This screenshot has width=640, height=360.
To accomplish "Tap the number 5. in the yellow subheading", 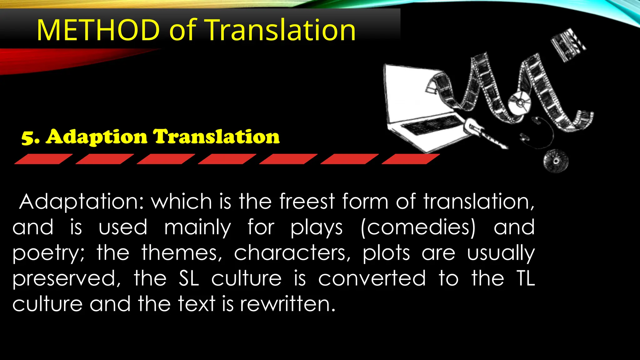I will point(30,137).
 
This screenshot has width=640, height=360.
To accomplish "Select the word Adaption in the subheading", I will point(97,137).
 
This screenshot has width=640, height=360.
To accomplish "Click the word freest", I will point(307,201).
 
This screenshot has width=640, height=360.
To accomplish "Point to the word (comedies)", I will point(418,227).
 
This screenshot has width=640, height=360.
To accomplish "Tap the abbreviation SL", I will point(189,278).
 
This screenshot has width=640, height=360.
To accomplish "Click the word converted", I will point(372,278).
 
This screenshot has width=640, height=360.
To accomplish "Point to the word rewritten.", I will point(287,304).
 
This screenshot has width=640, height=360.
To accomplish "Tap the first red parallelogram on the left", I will point(43,159).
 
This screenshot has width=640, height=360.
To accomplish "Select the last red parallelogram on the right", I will point(411,159).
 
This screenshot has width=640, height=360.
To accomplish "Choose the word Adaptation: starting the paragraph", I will point(80,202).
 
